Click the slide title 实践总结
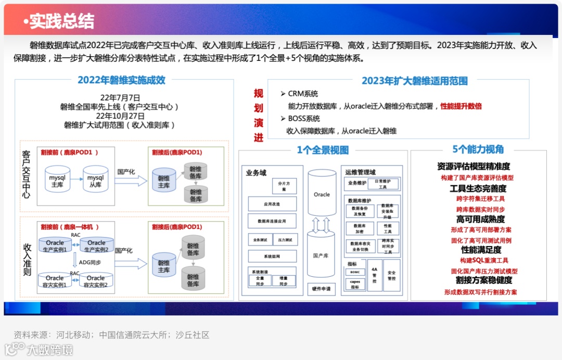coord(61,21)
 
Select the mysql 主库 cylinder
coord(57,181)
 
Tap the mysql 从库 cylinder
coord(96,181)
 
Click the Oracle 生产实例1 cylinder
coord(55,246)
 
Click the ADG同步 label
coord(90,262)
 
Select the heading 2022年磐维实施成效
coord(121,80)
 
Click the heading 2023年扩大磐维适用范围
coord(414,81)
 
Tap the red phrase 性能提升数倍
coord(461,106)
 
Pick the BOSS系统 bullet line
coord(304,119)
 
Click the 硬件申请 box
coord(321,289)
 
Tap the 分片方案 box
coord(284,186)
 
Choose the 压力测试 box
coord(285,240)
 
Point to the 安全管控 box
coord(391,276)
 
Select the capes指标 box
coord(355,285)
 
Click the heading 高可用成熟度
coord(480,220)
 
